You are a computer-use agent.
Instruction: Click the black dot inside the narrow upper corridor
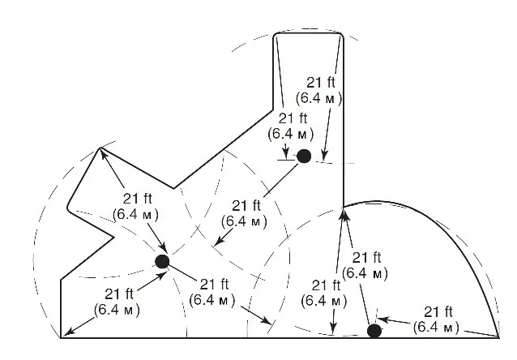click(304, 156)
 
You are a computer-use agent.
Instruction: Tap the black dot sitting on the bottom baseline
click(374, 331)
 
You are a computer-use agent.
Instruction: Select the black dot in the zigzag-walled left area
click(162, 262)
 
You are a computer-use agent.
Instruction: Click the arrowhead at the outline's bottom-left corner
click(66, 333)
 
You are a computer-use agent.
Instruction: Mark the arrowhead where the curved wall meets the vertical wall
click(344, 215)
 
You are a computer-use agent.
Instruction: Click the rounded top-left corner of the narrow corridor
click(276, 35)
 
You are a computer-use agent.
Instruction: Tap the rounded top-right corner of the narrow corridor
click(341, 35)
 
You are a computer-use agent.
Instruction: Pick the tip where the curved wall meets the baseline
click(499, 337)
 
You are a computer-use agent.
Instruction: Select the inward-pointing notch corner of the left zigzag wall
click(114, 237)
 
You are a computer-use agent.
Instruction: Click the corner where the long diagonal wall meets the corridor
click(273, 110)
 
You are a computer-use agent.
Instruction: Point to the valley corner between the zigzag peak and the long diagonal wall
click(173, 189)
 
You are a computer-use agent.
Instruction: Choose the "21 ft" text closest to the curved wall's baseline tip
click(438, 312)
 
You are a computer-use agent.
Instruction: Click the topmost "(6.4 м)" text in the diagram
click(318, 98)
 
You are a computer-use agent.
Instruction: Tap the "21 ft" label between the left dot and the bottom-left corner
click(119, 294)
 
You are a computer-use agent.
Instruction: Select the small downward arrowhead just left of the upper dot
click(286, 152)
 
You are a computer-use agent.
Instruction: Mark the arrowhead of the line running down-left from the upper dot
click(218, 241)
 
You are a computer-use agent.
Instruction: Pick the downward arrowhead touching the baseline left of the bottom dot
click(334, 328)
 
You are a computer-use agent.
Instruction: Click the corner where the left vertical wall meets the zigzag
click(61, 281)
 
